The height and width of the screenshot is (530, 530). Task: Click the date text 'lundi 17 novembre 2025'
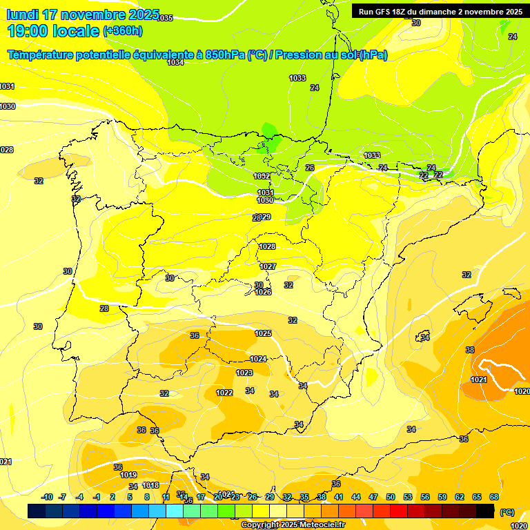pyautogui.click(x=83, y=14)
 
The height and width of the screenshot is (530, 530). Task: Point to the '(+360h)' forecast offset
pyautogui.click(x=123, y=30)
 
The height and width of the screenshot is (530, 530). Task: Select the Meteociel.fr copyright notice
pyautogui.click(x=293, y=525)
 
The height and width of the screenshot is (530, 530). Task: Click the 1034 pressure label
pyautogui.click(x=175, y=62)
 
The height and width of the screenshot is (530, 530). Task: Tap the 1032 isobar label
pyautogui.click(x=262, y=176)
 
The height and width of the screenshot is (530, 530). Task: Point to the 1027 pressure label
pyautogui.click(x=268, y=266)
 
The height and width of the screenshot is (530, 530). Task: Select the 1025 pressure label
pyautogui.click(x=263, y=333)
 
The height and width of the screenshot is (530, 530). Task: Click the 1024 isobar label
pyautogui.click(x=258, y=359)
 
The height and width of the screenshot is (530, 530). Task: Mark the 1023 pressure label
pyautogui.click(x=244, y=373)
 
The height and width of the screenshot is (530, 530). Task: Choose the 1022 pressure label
pyautogui.click(x=224, y=393)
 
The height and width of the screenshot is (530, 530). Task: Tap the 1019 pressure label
pyautogui.click(x=128, y=475)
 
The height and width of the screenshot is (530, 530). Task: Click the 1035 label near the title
pyautogui.click(x=166, y=18)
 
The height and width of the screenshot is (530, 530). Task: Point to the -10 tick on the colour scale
pyautogui.click(x=48, y=497)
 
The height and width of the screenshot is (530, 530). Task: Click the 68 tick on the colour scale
pyautogui.click(x=494, y=497)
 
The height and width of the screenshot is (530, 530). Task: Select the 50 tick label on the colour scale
pyautogui.click(x=391, y=497)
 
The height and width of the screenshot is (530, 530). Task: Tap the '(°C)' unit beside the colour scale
pyautogui.click(x=507, y=511)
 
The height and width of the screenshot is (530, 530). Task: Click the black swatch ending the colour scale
pyautogui.click(x=485, y=511)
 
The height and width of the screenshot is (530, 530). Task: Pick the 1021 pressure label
pyautogui.click(x=478, y=380)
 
